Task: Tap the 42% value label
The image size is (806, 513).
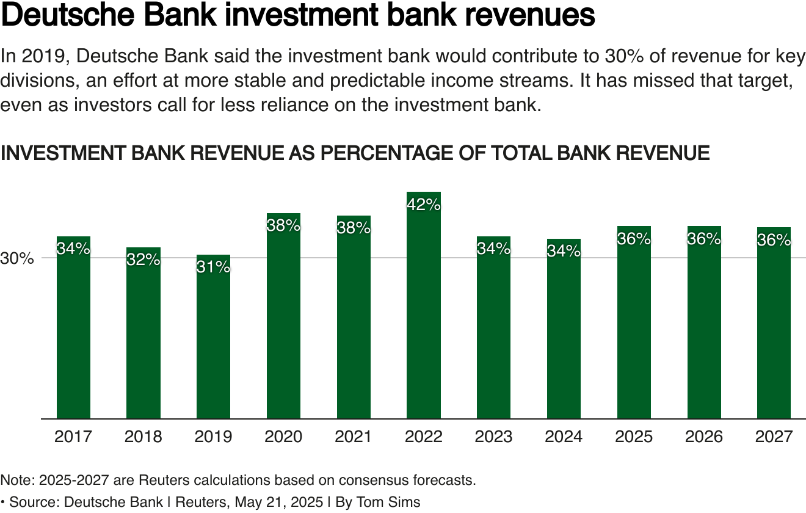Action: (x=424, y=205)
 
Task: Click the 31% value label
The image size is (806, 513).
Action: (x=214, y=267)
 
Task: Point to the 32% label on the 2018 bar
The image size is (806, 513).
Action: (x=143, y=260)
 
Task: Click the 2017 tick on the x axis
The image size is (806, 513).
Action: (x=73, y=437)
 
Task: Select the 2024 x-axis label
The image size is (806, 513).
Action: (x=564, y=437)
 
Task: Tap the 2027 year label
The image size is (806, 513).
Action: (x=774, y=437)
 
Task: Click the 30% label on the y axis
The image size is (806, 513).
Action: (x=16, y=258)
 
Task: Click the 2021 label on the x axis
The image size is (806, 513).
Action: (x=354, y=437)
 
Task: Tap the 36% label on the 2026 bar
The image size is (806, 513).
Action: (x=704, y=239)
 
